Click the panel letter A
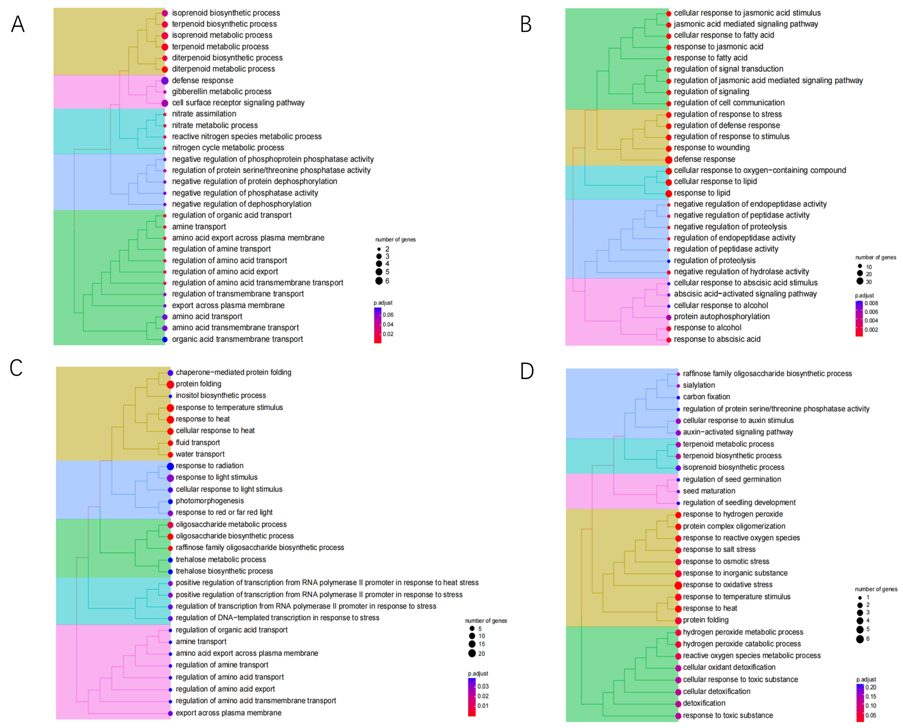pyautogui.click(x=18, y=24)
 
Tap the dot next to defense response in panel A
pyautogui.click(x=165, y=80)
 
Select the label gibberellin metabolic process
pyautogui.click(x=221, y=91)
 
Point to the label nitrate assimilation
pyautogui.click(x=204, y=114)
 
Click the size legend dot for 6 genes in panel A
pyautogui.click(x=379, y=281)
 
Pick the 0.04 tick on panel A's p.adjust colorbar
pyautogui.click(x=388, y=324)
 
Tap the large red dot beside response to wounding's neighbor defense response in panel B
pyautogui.click(x=669, y=159)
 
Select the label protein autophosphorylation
pyautogui.click(x=721, y=317)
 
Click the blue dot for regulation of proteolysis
pyautogui.click(x=669, y=261)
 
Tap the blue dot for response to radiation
pyautogui.click(x=170, y=466)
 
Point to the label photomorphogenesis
pyautogui.click(x=210, y=501)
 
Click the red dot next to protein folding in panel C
pyautogui.click(x=170, y=384)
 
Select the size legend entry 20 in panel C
pyautogui.click(x=472, y=653)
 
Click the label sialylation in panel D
pyautogui.click(x=699, y=385)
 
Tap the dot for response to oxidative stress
pyautogui.click(x=678, y=585)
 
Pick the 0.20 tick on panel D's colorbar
pyautogui.click(x=871, y=687)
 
